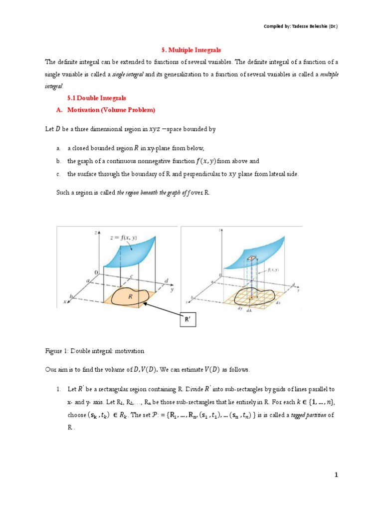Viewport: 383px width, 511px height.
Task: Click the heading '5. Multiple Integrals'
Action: point(191,50)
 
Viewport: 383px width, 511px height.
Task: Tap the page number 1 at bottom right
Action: point(336,475)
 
